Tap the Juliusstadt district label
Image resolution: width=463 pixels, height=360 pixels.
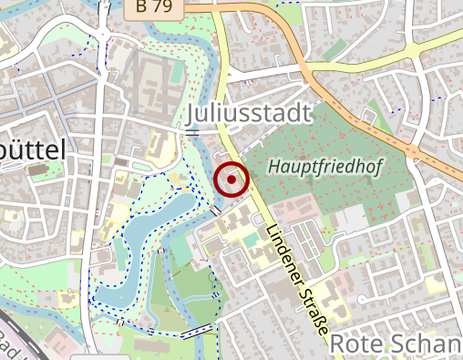248,112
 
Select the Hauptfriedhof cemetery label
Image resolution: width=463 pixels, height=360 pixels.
324,167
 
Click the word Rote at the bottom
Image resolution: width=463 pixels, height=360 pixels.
358,343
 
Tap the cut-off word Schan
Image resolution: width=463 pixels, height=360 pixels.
428,343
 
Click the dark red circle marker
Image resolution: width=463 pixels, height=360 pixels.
231,180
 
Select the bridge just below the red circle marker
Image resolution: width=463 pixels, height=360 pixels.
215,211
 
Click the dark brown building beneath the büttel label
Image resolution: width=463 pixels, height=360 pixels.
38,170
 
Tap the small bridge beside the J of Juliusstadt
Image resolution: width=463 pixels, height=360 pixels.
191,133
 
